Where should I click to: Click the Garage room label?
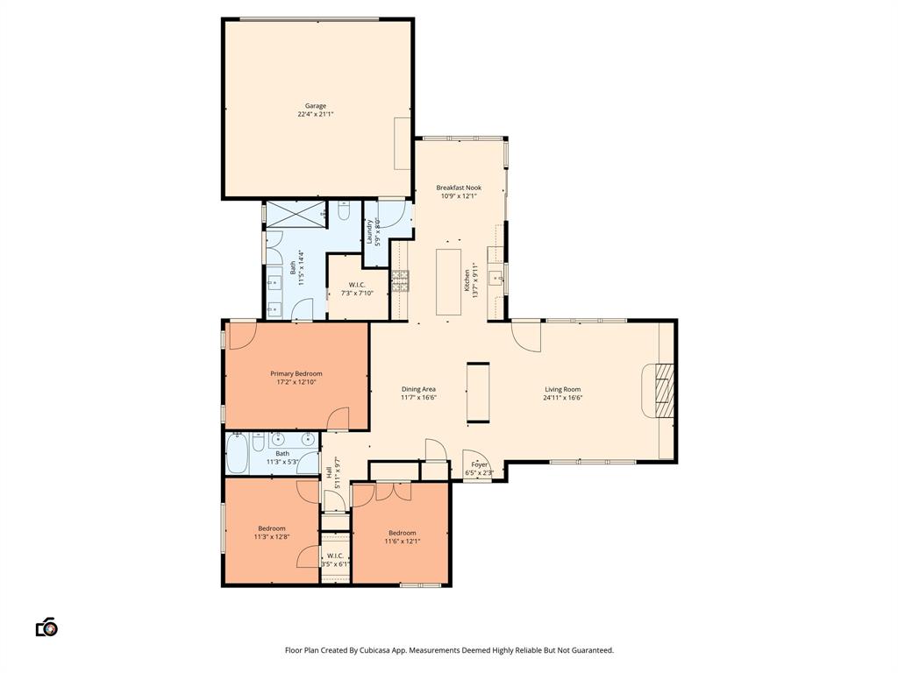pyautogui.click(x=315, y=106)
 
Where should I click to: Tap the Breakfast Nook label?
pyautogui.click(x=459, y=188)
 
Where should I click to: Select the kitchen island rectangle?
pyautogui.click(x=448, y=282)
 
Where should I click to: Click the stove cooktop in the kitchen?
pyautogui.click(x=400, y=280)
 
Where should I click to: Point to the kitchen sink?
pyautogui.click(x=495, y=279)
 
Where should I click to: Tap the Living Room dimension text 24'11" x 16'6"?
pyautogui.click(x=563, y=398)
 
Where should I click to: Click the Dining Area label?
pyautogui.click(x=418, y=389)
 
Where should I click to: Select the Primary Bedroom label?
pyautogui.click(x=296, y=374)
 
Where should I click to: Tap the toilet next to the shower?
pyautogui.click(x=344, y=211)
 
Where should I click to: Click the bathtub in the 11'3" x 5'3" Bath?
pyautogui.click(x=238, y=453)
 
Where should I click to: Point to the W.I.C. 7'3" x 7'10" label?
pyautogui.click(x=356, y=285)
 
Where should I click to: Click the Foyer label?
pyautogui.click(x=479, y=464)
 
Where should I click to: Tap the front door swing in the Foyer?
pyautogui.click(x=474, y=458)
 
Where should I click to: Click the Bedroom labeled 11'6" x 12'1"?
pyautogui.click(x=403, y=533)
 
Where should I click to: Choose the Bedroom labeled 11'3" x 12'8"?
pyautogui.click(x=271, y=528)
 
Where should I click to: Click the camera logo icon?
pyautogui.click(x=46, y=627)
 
